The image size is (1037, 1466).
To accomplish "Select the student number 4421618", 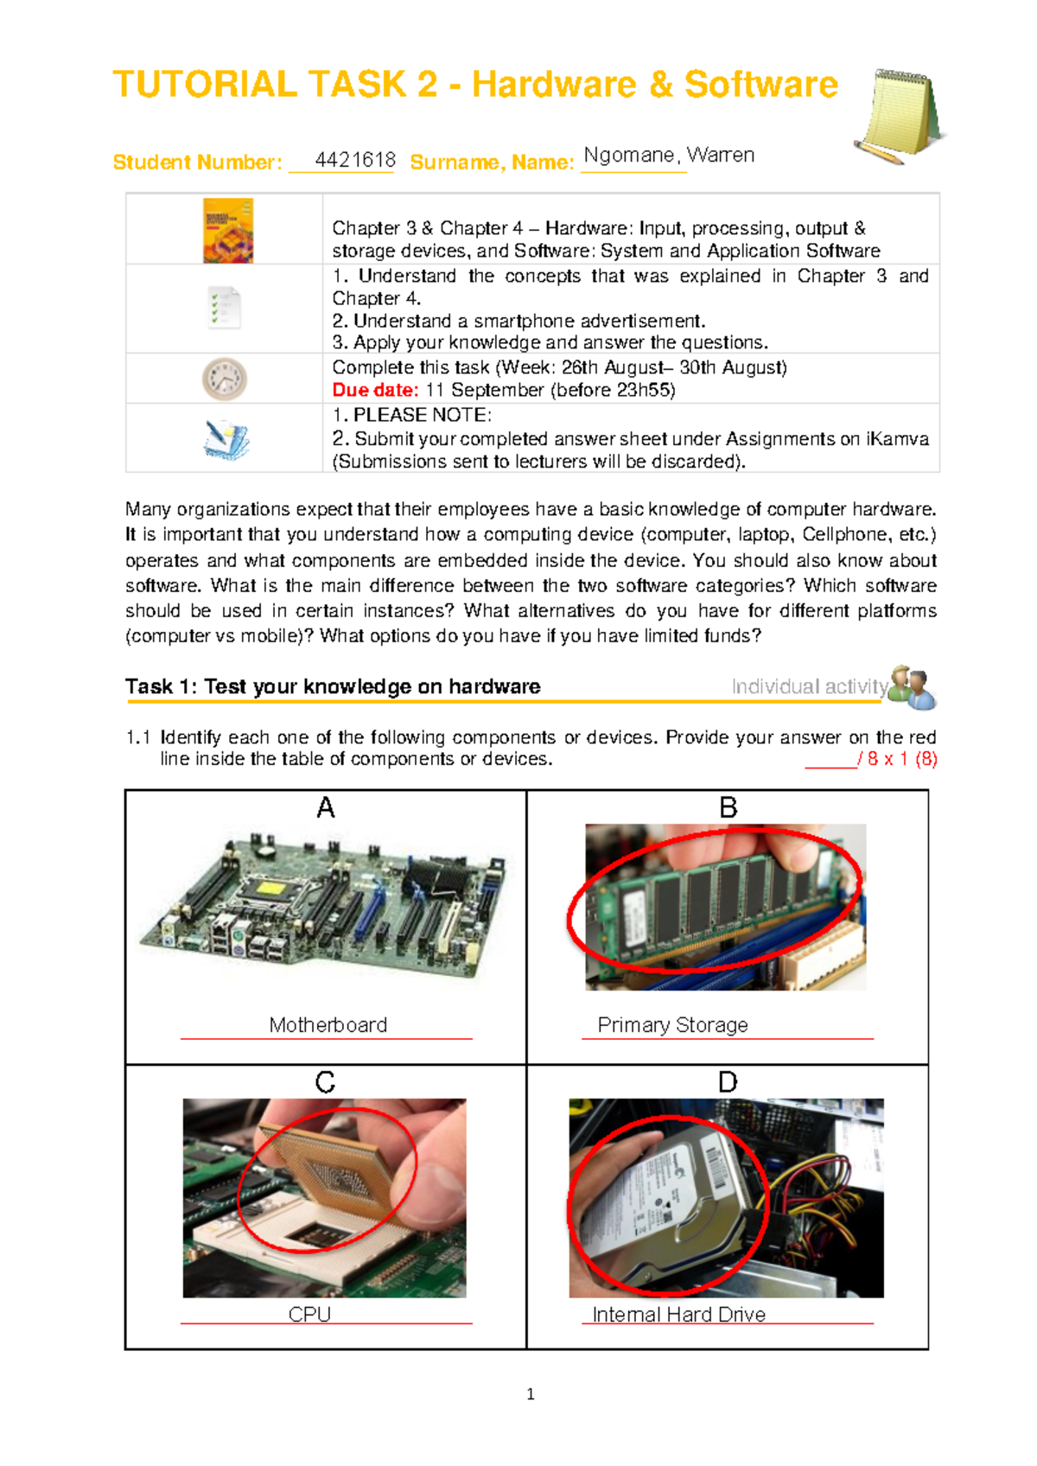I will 354,160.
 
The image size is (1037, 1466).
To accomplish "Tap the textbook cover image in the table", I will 228,230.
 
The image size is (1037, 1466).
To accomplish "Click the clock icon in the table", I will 225,379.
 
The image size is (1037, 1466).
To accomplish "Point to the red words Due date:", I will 375,390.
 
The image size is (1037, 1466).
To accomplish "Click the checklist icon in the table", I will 225,307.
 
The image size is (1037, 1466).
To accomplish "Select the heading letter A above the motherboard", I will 325,807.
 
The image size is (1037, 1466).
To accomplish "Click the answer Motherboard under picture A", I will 328,1025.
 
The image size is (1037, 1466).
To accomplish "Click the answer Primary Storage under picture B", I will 672,1025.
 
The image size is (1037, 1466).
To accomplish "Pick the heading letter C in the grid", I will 325,1082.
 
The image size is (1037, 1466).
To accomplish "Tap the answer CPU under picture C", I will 309,1314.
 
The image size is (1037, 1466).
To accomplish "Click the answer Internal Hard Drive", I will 678,1315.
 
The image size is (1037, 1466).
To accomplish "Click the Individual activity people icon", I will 913,687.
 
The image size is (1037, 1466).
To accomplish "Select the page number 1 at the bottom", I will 530,1393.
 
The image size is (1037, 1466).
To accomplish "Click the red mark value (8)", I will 926,759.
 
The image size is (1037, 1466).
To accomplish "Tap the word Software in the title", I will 760,85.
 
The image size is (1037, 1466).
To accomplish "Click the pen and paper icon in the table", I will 226,439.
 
